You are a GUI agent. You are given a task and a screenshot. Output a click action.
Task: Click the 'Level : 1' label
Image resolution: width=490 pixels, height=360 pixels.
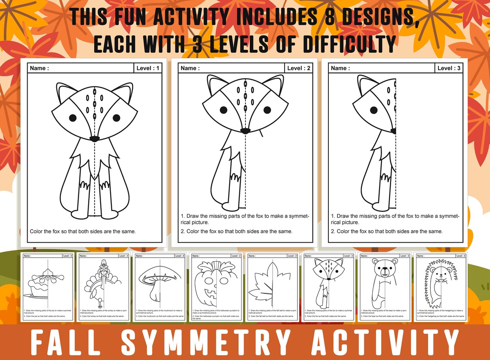(148, 68)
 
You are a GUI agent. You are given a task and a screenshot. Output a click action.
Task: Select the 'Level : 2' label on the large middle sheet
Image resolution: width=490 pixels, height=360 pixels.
(299, 68)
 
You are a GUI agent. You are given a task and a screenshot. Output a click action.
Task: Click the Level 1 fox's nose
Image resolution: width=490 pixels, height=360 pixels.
(94, 138)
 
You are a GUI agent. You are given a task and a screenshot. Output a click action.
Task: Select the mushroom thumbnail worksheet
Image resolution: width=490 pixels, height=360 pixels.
(159, 287)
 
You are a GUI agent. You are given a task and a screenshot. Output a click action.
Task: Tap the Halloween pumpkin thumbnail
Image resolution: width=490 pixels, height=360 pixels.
(216, 287)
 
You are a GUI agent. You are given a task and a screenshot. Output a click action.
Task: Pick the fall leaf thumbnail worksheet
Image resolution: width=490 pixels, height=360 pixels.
(272, 287)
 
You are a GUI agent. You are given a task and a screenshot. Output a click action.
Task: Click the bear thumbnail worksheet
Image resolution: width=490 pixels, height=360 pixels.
(385, 287)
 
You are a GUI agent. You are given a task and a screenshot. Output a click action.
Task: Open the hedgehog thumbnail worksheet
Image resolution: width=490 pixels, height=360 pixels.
(441, 287)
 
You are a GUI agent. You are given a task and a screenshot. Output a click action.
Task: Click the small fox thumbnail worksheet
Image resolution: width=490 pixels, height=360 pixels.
(329, 287)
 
